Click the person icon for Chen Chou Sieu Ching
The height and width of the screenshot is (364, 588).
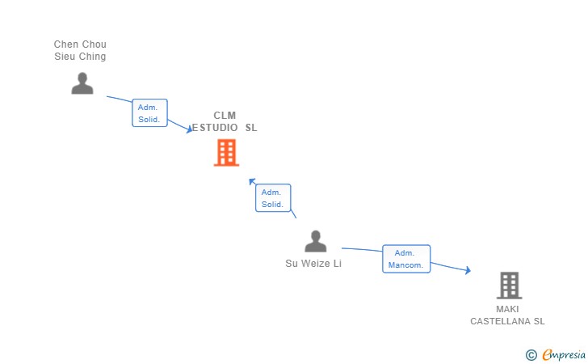tap(82, 83)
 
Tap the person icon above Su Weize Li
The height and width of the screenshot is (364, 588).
tap(315, 241)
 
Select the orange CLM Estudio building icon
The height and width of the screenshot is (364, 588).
tap(226, 152)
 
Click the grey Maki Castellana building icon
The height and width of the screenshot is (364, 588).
tap(509, 285)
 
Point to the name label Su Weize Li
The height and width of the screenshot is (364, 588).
tap(313, 264)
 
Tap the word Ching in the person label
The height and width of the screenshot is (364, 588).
tap(92, 57)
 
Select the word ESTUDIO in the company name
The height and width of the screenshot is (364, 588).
tap(216, 128)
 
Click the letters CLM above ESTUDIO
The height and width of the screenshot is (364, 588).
tap(225, 116)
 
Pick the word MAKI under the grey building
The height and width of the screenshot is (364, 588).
tap(508, 309)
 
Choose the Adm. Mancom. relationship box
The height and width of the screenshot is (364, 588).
tap(405, 259)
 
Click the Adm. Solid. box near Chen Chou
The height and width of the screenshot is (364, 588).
tap(149, 113)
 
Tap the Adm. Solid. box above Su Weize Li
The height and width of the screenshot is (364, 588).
tap(272, 198)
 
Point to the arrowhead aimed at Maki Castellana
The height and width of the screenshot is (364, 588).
tap(467, 271)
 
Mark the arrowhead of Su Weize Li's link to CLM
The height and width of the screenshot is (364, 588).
tap(252, 181)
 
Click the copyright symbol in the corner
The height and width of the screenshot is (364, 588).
tap(531, 354)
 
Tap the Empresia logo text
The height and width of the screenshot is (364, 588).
tap(564, 354)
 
